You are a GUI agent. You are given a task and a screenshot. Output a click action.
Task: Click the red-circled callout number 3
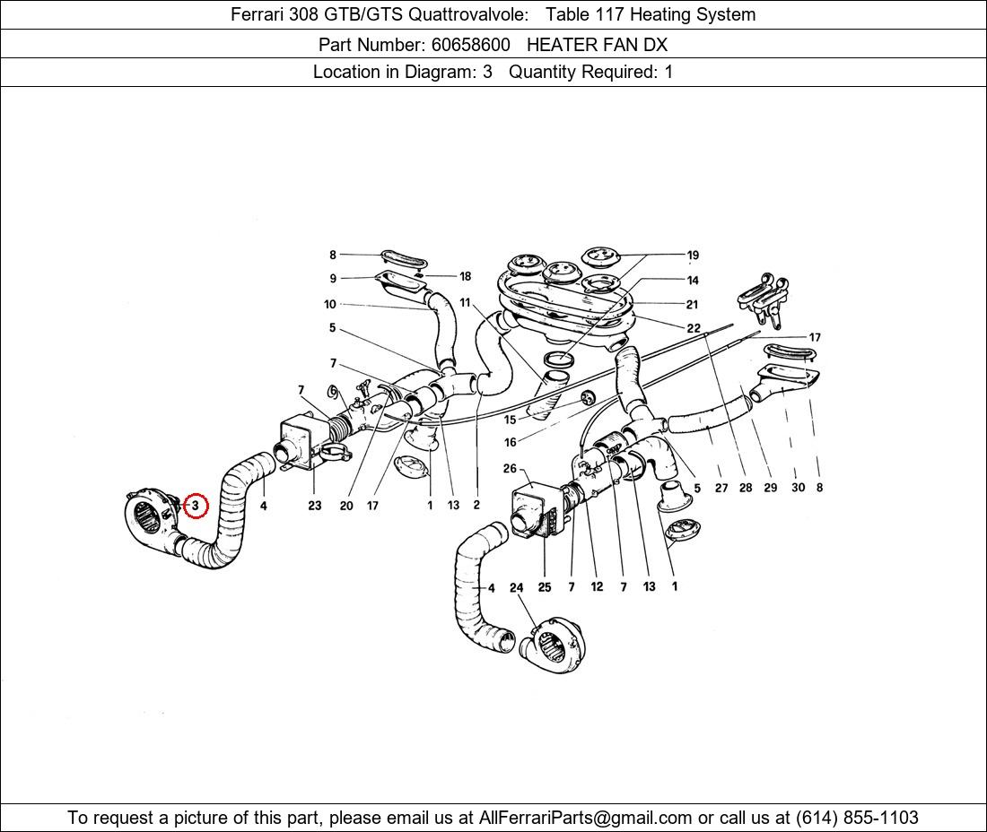click(x=195, y=506)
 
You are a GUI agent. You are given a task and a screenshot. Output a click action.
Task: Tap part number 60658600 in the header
click(x=470, y=45)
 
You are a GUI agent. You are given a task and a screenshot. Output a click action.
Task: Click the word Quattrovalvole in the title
click(x=467, y=13)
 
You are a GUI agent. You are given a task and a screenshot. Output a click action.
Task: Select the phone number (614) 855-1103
click(x=857, y=818)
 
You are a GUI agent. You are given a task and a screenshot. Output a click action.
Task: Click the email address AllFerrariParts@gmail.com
click(x=585, y=818)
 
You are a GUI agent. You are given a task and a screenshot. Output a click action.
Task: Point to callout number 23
click(x=315, y=506)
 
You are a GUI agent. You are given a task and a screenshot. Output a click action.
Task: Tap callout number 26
click(x=510, y=469)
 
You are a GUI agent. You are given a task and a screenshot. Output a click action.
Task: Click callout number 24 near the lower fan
click(x=516, y=588)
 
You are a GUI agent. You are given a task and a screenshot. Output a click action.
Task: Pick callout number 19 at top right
click(x=693, y=256)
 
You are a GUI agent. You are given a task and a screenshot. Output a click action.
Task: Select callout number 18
click(x=465, y=277)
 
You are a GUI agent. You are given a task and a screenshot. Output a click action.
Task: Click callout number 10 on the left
click(x=330, y=305)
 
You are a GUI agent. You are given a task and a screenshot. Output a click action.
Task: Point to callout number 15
click(x=510, y=420)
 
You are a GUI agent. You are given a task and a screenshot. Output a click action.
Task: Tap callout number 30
click(x=798, y=488)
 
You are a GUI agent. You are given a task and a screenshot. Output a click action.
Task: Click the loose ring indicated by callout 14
click(x=558, y=360)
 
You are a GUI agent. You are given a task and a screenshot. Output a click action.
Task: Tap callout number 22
click(x=693, y=328)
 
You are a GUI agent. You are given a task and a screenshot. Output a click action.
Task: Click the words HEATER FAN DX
click(x=597, y=45)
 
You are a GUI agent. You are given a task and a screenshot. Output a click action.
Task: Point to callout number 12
click(x=597, y=587)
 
